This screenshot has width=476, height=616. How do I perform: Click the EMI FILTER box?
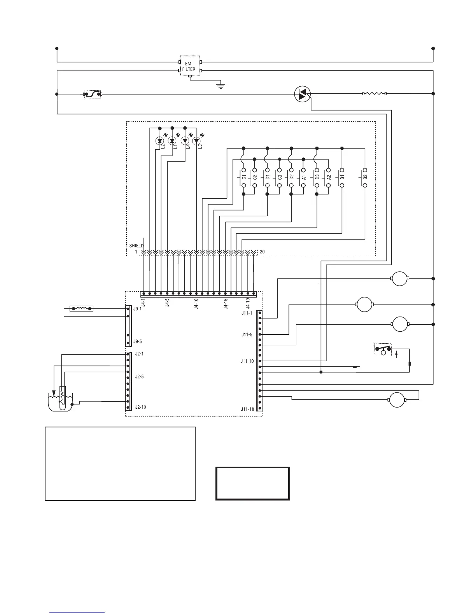[189, 66]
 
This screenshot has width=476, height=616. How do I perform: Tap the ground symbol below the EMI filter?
[221, 86]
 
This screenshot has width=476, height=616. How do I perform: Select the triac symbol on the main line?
[302, 94]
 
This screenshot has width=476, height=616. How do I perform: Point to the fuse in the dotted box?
[93, 94]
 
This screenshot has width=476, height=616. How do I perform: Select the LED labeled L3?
[197, 140]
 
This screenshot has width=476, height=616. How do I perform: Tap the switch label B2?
[365, 177]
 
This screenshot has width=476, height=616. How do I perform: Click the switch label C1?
[244, 177]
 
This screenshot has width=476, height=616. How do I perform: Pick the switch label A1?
[304, 177]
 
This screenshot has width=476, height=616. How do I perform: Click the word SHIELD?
[136, 246]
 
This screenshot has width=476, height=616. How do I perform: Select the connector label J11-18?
[247, 409]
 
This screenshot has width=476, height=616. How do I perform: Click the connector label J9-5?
[137, 341]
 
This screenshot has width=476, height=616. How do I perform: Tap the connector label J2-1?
[139, 354]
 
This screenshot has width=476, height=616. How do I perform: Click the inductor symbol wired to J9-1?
[81, 309]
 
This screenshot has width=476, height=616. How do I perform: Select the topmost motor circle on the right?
[399, 278]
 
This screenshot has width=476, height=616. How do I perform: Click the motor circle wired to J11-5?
[365, 304]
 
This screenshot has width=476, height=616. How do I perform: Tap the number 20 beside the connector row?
[262, 252]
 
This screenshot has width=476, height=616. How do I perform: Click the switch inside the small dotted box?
[383, 349]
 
